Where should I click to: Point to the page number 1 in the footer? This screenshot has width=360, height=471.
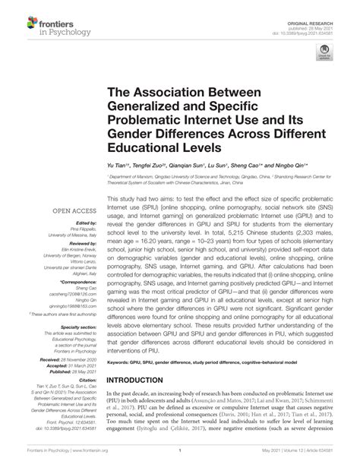click(x=180, y=465)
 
